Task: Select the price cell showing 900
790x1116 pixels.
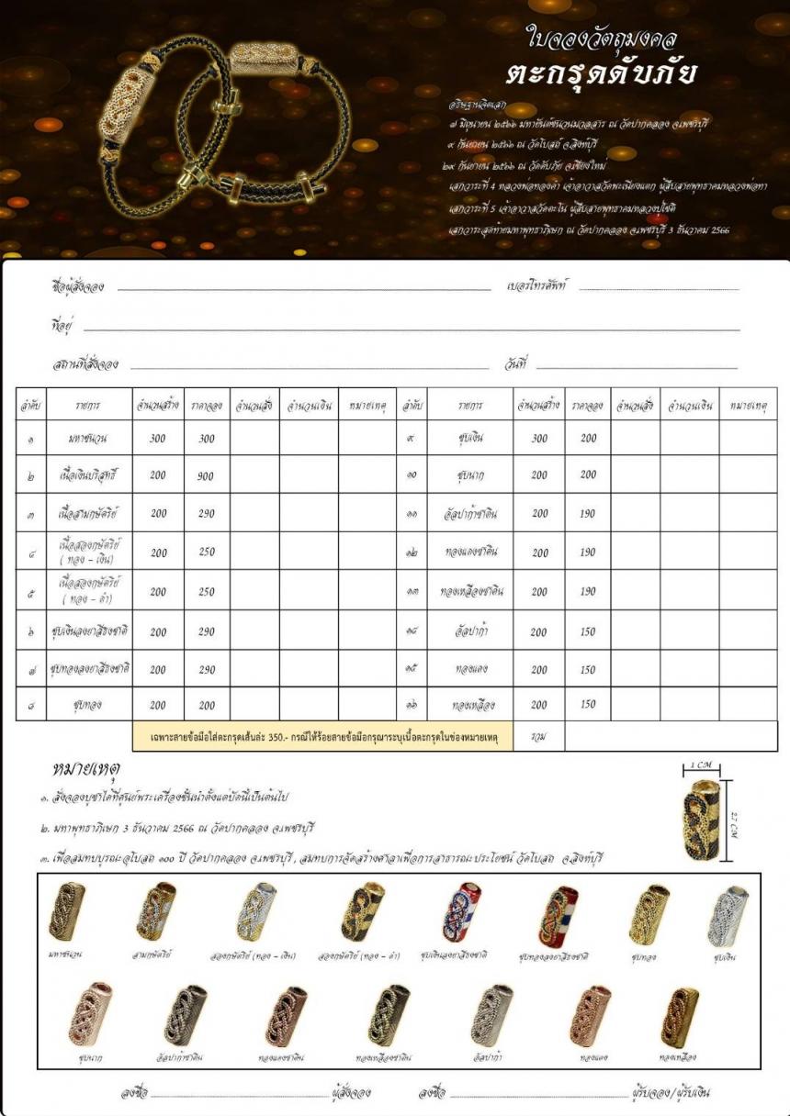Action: pyautogui.click(x=206, y=476)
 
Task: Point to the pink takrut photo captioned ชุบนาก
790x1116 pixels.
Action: pyautogui.click(x=93, y=1017)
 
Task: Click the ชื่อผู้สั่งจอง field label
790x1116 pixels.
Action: pyautogui.click(x=78, y=287)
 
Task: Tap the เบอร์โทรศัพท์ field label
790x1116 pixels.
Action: pyautogui.click(x=538, y=286)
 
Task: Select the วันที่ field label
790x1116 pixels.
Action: pyautogui.click(x=517, y=365)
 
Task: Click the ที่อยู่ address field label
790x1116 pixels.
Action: pyautogui.click(x=63, y=326)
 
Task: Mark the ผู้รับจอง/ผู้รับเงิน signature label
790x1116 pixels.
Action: pyautogui.click(x=670, y=1093)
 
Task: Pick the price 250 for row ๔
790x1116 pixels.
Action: pyautogui.click(x=206, y=553)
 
